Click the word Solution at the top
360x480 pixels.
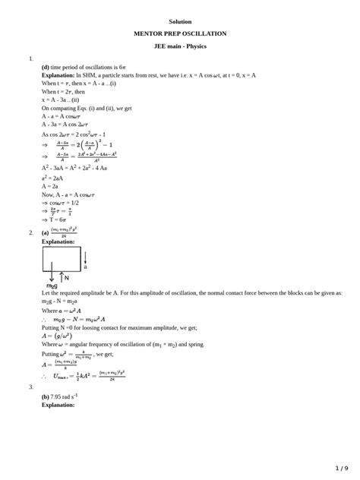click(180, 21)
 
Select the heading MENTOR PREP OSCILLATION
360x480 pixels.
click(180, 33)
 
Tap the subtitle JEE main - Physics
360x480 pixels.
click(180, 46)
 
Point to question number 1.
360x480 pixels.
click(31, 58)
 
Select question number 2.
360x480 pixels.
click(31, 232)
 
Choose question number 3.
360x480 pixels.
click(31, 387)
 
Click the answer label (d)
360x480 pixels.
click(46, 67)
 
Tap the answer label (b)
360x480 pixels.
click(46, 396)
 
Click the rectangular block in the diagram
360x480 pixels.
click(62, 258)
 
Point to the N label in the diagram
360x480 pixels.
click(67, 278)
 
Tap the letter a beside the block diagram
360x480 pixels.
click(85, 267)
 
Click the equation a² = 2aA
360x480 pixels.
click(52, 178)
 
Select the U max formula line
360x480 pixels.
click(84, 375)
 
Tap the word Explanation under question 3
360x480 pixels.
click(58, 405)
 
